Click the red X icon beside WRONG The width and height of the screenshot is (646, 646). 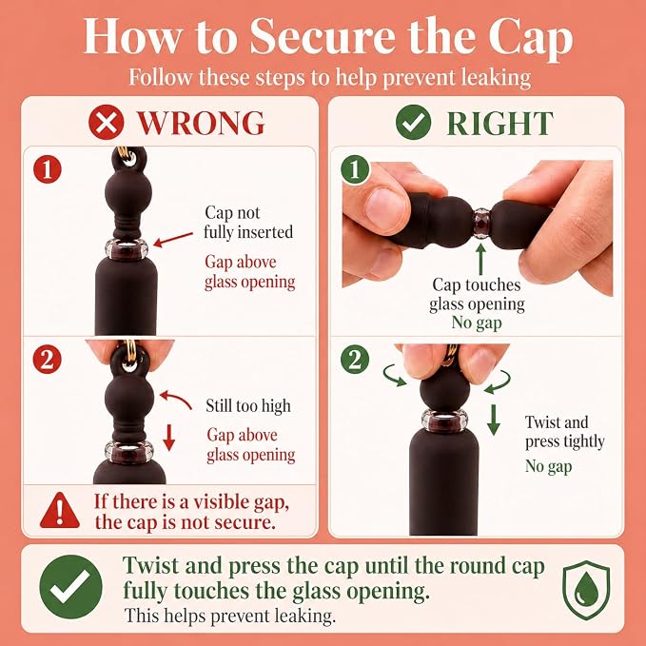(x=106, y=122)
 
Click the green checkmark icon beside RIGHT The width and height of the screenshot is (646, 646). (x=413, y=122)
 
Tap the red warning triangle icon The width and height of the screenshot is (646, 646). (x=60, y=511)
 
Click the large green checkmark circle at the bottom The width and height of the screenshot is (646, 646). (x=70, y=587)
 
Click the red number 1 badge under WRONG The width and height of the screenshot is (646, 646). (x=48, y=169)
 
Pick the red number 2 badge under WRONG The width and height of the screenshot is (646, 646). (x=48, y=360)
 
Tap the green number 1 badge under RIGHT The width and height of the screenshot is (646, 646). (x=355, y=169)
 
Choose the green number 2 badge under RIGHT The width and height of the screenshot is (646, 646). (x=355, y=360)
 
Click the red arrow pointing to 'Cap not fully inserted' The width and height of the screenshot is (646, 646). (x=173, y=240)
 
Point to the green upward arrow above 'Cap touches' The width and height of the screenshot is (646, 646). (x=480, y=259)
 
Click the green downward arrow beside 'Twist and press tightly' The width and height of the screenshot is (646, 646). (x=494, y=420)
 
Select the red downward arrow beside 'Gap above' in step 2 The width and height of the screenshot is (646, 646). (x=169, y=438)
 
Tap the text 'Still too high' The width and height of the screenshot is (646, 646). (x=248, y=406)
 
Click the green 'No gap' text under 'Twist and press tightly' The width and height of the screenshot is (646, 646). (x=548, y=467)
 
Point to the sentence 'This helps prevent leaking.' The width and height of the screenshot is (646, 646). (x=230, y=616)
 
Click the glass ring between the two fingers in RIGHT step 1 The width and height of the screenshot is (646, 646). (x=481, y=223)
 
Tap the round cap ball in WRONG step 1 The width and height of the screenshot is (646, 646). (x=128, y=192)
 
